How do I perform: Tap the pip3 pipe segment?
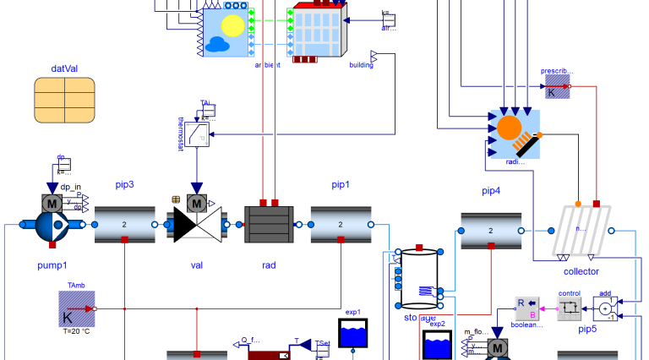(x=125, y=225)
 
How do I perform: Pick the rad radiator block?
(x=269, y=225)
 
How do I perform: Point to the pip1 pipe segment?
(x=341, y=225)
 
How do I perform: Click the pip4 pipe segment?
(x=491, y=231)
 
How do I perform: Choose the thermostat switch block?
(x=197, y=134)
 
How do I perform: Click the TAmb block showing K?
(x=76, y=309)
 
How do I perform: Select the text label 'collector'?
(x=581, y=271)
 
